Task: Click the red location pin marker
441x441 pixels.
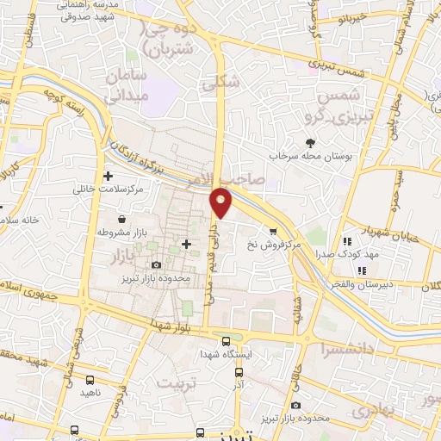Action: pos(222,202)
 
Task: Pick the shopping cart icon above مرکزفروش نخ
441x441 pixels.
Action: pos(273,231)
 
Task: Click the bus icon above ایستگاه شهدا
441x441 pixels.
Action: pos(226,339)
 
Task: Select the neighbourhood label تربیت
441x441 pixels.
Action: pos(180,381)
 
